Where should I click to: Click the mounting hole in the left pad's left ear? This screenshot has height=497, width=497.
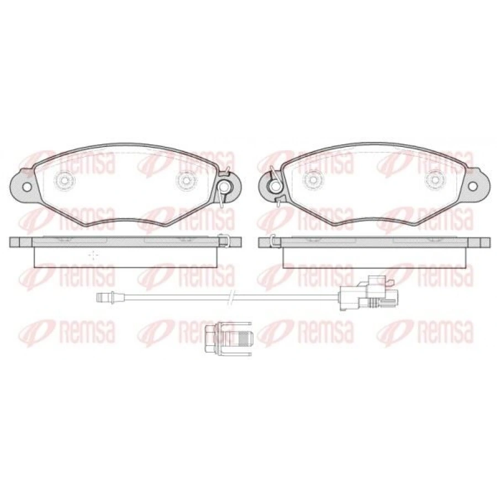click(27, 187)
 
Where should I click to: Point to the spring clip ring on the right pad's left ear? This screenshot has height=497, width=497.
click(274, 187)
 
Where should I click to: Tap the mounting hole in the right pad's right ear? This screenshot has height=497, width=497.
click(473, 187)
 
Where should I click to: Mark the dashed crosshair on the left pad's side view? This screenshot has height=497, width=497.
click(93, 255)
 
